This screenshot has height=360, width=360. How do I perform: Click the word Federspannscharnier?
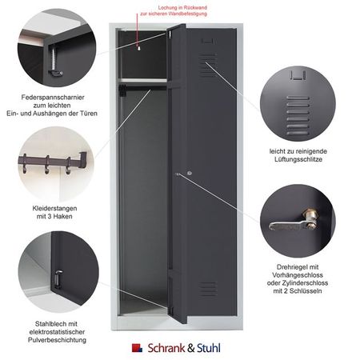[x=53, y=98]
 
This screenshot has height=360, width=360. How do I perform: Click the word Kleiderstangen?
[x=54, y=208]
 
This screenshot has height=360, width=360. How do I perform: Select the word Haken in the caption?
[x=63, y=216]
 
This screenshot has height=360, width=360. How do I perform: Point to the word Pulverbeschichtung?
[x=57, y=340]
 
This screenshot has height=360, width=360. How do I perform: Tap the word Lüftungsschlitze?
[x=298, y=159]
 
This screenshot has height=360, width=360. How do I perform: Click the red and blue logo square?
[x=137, y=348]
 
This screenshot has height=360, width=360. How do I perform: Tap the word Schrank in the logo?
[x=166, y=348]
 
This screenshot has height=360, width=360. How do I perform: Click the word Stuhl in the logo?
[x=209, y=348]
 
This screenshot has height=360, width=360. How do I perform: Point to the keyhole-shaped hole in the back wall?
[x=138, y=49]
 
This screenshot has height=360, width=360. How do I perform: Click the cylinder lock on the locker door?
[x=190, y=174]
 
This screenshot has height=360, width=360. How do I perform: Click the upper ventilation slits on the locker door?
[x=208, y=66]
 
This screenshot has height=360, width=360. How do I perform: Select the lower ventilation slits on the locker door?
[x=208, y=289]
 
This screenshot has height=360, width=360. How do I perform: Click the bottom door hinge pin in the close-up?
[x=58, y=278]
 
